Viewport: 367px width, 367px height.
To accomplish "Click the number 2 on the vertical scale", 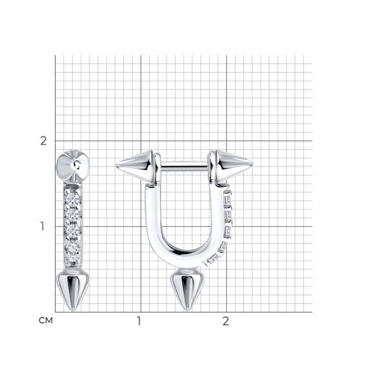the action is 43,141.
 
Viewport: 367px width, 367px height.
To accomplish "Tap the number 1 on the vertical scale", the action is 43,226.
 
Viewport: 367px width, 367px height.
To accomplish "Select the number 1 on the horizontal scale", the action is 139,321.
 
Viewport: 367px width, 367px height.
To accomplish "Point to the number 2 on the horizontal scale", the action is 225,321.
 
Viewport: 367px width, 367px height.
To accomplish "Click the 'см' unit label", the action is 46,320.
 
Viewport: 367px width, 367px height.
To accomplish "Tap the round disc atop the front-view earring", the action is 73,166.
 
